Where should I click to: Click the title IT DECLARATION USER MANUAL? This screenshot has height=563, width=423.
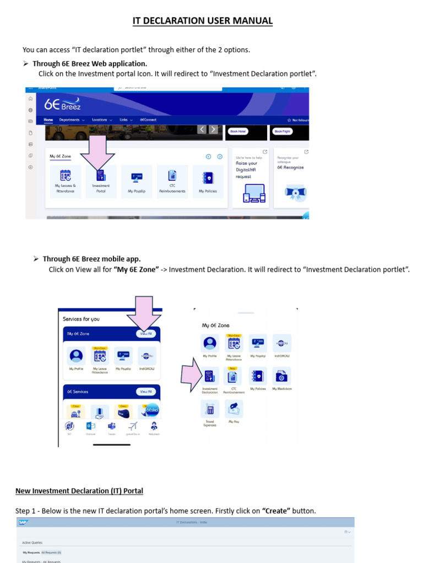pos(203,21)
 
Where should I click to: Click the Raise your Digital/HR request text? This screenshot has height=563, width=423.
pos(247,169)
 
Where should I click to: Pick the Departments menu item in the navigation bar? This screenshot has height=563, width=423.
pos(72,119)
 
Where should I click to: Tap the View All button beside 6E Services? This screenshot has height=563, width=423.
pos(145,391)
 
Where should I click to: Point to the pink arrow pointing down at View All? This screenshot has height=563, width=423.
pos(144,314)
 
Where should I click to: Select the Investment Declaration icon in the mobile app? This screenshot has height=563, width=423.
pos(210,377)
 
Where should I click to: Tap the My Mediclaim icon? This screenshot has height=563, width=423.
pos(281,377)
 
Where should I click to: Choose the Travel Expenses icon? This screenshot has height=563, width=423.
pos(210,410)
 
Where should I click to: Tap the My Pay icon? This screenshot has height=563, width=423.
pos(234,410)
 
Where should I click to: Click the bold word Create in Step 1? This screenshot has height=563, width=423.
pos(276,511)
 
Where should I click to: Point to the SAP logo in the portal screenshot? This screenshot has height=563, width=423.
pos(23,522)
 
